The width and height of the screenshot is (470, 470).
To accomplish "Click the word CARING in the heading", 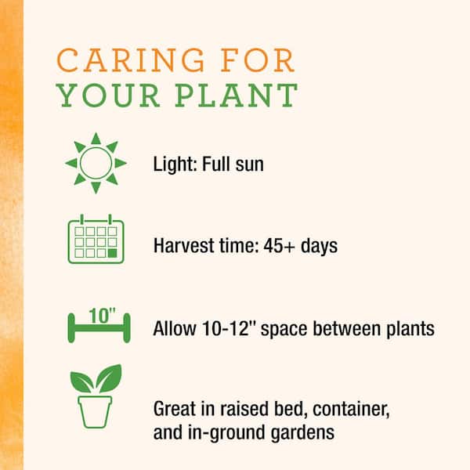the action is tap(131, 60).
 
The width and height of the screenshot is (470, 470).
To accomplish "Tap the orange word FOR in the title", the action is tap(258, 60).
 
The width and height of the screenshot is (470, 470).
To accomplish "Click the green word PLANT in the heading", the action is tap(237, 95).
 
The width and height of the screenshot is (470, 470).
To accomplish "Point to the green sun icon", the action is tap(96, 163).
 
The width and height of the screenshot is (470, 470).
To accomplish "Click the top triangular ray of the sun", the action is tap(96, 139).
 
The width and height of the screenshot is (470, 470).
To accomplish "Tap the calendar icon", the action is tap(96, 239).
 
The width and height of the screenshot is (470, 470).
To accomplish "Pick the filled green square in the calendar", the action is tap(112, 253).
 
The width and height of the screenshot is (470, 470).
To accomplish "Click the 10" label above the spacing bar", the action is tap(102, 316).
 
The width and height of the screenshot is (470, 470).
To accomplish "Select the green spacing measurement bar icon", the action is tap(99, 328).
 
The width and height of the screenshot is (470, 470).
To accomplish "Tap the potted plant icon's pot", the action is tap(95, 412).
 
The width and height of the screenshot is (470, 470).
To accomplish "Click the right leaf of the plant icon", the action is tap(110, 378).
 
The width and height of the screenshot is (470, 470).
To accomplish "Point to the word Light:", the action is tap(175, 164).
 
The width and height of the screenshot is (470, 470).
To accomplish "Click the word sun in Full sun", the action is tap(249, 164).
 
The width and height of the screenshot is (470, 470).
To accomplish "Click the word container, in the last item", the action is tap(351, 409).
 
